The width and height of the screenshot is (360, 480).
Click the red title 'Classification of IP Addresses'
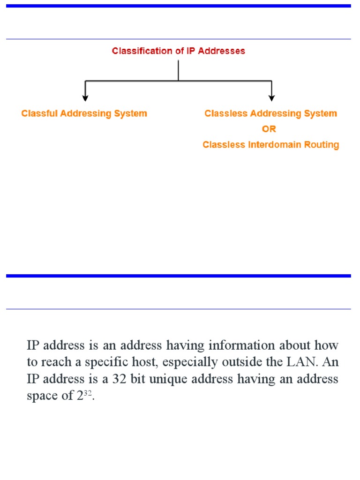click(178, 51)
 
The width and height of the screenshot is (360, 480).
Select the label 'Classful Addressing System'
click(84, 113)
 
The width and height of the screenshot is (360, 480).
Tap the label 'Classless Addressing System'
click(270, 113)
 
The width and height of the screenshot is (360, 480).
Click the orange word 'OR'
click(269, 129)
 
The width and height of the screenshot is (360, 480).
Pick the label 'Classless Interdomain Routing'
click(270, 145)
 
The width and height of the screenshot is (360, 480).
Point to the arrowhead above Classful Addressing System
click(85, 97)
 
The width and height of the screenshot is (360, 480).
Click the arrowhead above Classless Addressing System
click(271, 97)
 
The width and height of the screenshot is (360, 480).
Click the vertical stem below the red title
click(178, 70)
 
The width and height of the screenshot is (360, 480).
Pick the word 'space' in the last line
click(41, 396)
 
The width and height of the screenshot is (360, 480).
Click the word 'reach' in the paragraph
click(58, 362)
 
